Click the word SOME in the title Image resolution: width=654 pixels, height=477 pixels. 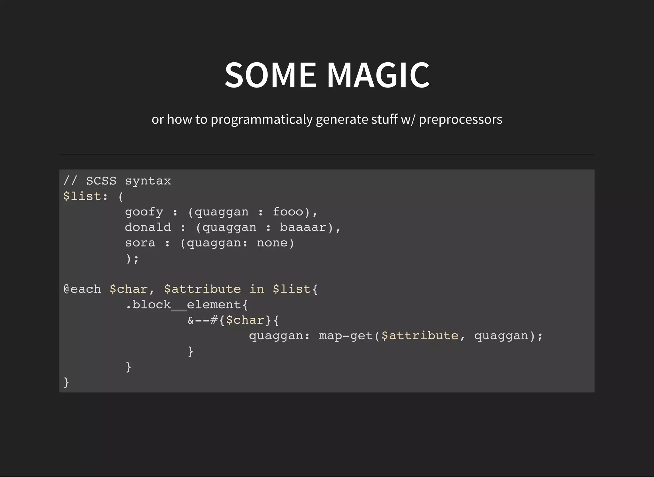pos(270,75)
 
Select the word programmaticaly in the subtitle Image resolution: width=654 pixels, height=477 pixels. pos(262,120)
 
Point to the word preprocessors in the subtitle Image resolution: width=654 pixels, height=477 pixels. pos(460,120)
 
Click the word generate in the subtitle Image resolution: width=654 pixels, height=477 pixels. pos(342,120)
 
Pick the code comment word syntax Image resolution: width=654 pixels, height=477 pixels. pos(148,181)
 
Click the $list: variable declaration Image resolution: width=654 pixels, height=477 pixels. pos(86,196)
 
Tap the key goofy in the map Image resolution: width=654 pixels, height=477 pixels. pos(144,212)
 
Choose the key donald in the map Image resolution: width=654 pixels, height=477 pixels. pos(148,227)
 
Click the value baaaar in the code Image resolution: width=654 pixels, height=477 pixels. pos(303,227)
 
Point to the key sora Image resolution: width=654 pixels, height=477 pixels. pos(140,243)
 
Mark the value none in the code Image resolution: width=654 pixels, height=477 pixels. pos(272,243)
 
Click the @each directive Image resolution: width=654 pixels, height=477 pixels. pos(82,289)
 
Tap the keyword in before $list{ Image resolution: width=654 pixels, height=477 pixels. pos(257,289)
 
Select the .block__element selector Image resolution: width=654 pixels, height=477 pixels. pos(183,305)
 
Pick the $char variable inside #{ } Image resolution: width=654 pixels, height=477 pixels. pos(245,320)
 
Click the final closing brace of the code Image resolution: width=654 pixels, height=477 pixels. pos(66,382)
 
